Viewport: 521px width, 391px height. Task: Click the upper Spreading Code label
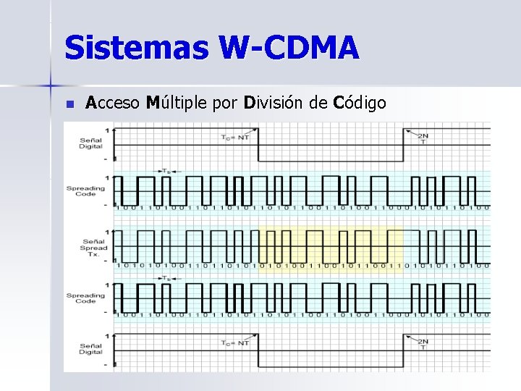[x=85, y=190]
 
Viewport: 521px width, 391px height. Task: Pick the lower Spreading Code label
[x=85, y=298]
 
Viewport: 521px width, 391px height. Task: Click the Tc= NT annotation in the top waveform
[x=234, y=137]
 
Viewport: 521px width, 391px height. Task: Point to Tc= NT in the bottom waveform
[x=234, y=342]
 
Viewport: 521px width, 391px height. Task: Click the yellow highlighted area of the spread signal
[x=329, y=246]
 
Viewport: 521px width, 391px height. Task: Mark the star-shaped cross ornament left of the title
[x=51, y=85]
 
